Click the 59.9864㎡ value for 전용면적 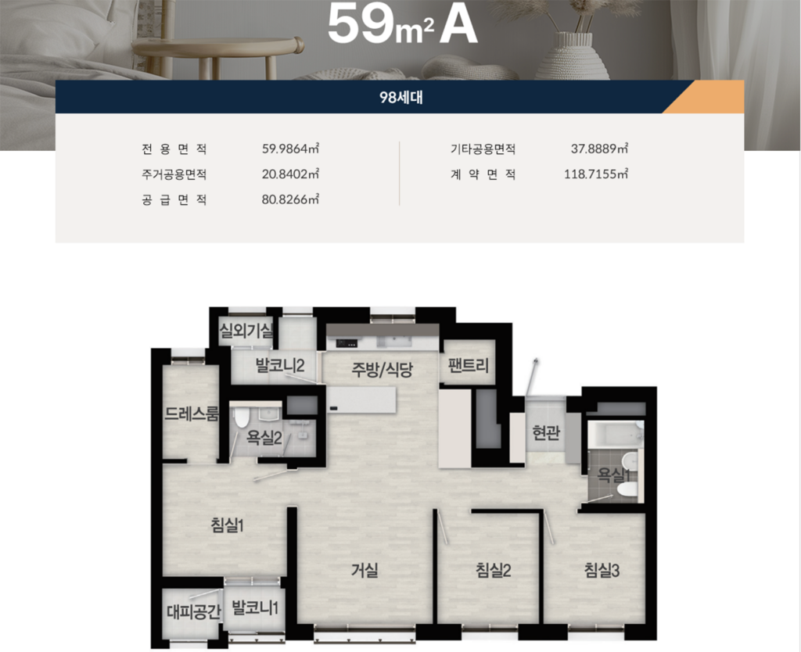point(290,149)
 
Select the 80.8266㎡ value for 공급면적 point(290,199)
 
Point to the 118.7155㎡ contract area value point(595,174)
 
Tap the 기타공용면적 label point(483,149)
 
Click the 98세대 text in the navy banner point(400,97)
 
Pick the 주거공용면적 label point(174,174)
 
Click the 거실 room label point(365,570)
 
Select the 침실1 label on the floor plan point(227,525)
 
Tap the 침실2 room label point(493,570)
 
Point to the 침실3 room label point(602,570)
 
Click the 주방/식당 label point(382,369)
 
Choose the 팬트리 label point(468,366)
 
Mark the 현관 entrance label point(546,433)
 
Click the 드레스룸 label point(192,414)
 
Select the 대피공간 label point(194,611)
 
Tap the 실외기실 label point(246,331)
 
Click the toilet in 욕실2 point(241,417)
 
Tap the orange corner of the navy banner point(710,98)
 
